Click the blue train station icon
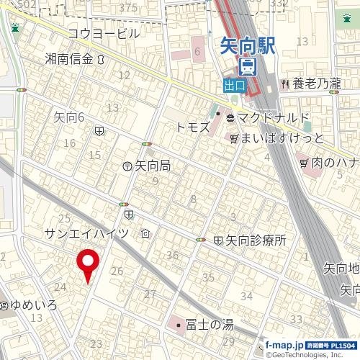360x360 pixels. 248,67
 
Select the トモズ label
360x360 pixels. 192,127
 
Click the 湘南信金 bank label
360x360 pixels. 69,59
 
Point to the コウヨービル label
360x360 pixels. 103,33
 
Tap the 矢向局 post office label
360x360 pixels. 152,166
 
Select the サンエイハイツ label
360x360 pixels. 86,233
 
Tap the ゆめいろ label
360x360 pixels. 34,305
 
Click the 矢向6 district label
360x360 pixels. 70,117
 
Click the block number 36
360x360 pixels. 172,255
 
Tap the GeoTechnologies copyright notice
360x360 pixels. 306,355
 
